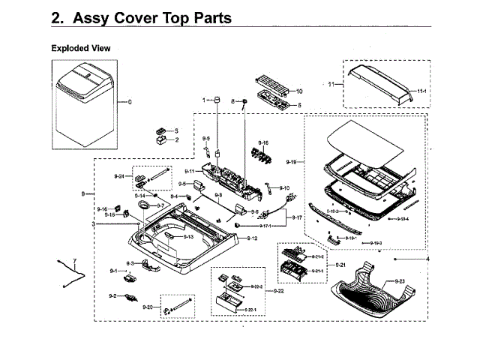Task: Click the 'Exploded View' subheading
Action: [x=80, y=48]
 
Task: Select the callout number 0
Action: [x=129, y=101]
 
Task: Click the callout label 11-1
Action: [x=421, y=91]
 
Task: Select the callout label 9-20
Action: [x=147, y=307]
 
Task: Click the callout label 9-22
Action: [x=278, y=291]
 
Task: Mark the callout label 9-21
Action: [x=340, y=265]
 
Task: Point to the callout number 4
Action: [x=428, y=259]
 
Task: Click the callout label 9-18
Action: [x=292, y=163]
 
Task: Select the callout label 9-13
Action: [x=188, y=237]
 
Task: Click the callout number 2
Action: [x=177, y=139]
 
